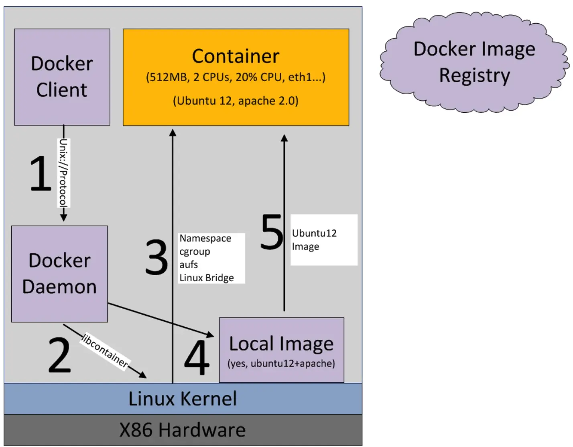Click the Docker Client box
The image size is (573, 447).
coord(62,77)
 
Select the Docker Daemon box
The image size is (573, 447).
coord(59,274)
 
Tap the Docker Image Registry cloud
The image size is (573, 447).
coord(474,62)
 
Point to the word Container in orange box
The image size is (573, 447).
coord(236,56)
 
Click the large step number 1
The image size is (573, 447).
coord(41,173)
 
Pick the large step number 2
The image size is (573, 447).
coord(59,355)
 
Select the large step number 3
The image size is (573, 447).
coord(156,257)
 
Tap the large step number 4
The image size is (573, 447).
coord(197,358)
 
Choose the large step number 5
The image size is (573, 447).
coord(272,232)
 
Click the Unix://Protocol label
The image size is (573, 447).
coord(63,173)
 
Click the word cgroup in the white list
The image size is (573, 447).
coord(195,252)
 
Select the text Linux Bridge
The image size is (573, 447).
coord(207,278)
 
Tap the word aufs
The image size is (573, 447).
coord(189,265)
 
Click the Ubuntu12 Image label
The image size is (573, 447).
coord(314,240)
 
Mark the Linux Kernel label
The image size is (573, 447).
coord(183,398)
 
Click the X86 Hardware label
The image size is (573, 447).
coord(183,430)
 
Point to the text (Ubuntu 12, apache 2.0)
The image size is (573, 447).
coord(236,100)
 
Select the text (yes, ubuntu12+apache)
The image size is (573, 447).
coord(281,364)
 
